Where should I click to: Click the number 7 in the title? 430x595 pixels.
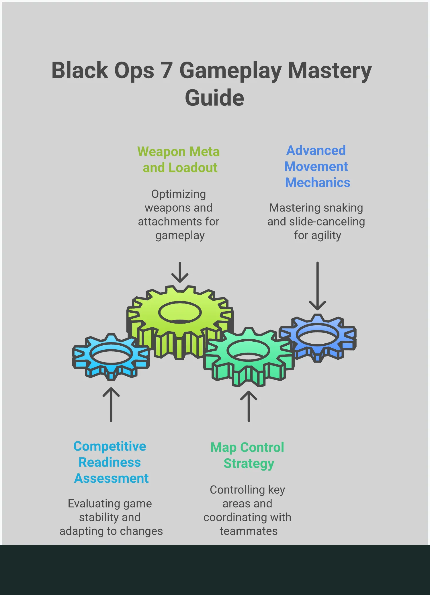pos(166,71)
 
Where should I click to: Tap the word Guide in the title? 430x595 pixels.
pos(214,98)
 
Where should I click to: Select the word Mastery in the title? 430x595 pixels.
pos(330,71)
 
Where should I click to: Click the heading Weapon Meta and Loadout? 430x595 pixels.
pos(179,160)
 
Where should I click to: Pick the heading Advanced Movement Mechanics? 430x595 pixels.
pos(317,167)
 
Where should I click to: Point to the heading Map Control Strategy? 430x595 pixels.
pos(248,455)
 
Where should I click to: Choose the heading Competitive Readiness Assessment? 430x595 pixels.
pos(111,462)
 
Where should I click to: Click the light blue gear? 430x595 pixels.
pos(111,364)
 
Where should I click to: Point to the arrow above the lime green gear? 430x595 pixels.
pos(180,272)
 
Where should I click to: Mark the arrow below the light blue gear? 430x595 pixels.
pos(111,404)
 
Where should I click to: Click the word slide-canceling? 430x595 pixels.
pos(327,222)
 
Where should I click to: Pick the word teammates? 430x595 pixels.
pos(249,531)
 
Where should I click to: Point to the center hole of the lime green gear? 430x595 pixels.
pos(180,312)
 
